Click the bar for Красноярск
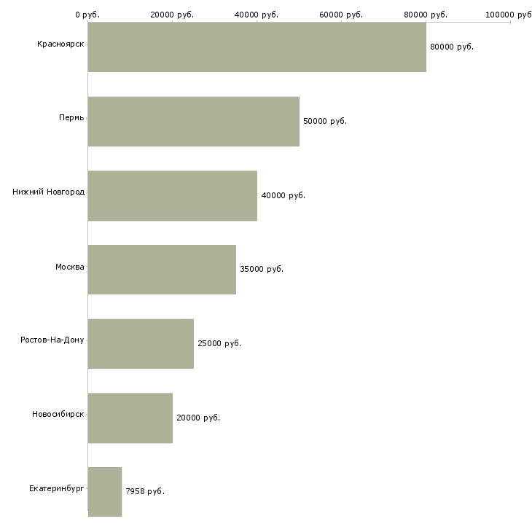click(257, 47)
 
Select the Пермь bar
click(193, 122)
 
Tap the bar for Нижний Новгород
click(172, 196)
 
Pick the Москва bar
click(162, 270)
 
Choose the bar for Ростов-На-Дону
click(141, 344)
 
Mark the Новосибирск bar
click(130, 418)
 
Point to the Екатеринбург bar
click(105, 492)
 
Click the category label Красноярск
click(60, 44)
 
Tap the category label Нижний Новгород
click(48, 192)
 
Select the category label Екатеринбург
click(57, 488)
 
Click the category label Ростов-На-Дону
click(52, 340)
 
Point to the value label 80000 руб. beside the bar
click(452, 47)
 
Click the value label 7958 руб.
click(145, 492)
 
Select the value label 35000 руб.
click(262, 270)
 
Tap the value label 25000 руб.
click(219, 344)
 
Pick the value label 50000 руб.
click(325, 122)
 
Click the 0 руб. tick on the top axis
click(87, 15)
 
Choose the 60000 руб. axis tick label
click(342, 15)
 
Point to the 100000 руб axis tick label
click(509, 15)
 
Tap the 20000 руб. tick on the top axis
click(173, 15)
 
